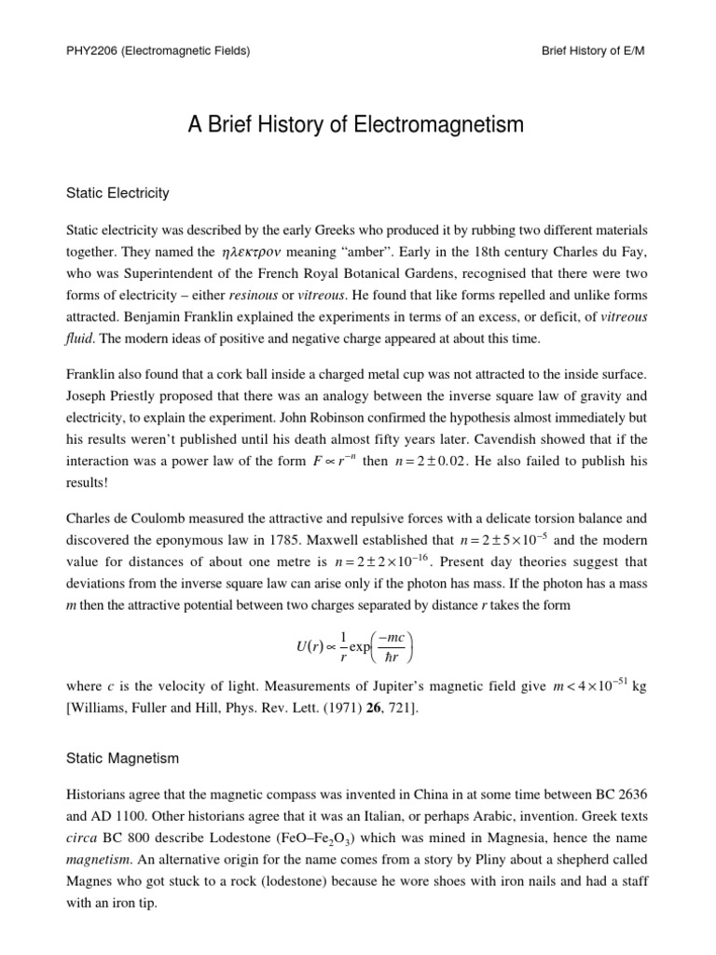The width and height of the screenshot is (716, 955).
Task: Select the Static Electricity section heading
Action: (x=117, y=193)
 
